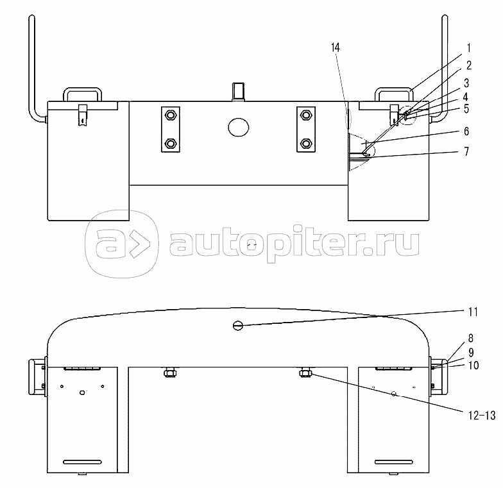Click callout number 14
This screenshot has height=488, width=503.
tap(335, 47)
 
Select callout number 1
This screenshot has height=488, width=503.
tap(468, 49)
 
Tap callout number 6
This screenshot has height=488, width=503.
tap(466, 131)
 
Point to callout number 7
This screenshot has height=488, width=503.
tap(466, 151)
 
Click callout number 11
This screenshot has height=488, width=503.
tap(473, 312)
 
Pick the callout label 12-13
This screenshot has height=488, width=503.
tap(482, 416)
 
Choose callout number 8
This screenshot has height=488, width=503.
tap(471, 339)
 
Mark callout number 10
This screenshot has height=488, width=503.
tap(473, 366)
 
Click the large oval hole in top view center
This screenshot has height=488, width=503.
tap(239, 126)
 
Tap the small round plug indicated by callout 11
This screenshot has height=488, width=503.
tap(237, 326)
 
